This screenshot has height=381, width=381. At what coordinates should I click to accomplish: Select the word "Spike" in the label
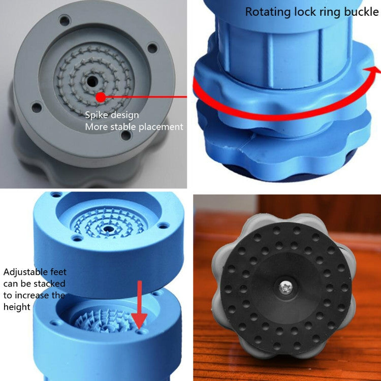[x=97, y=115]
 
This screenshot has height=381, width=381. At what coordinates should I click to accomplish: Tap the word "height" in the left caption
[x=17, y=307]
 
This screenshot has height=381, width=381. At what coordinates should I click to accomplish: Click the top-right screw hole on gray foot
[x=152, y=48]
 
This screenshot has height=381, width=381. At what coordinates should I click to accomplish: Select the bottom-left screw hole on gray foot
[x=36, y=107]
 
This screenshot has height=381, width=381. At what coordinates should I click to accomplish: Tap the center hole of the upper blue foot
[x=108, y=230]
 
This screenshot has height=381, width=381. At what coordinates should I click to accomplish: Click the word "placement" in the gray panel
[x=161, y=126]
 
